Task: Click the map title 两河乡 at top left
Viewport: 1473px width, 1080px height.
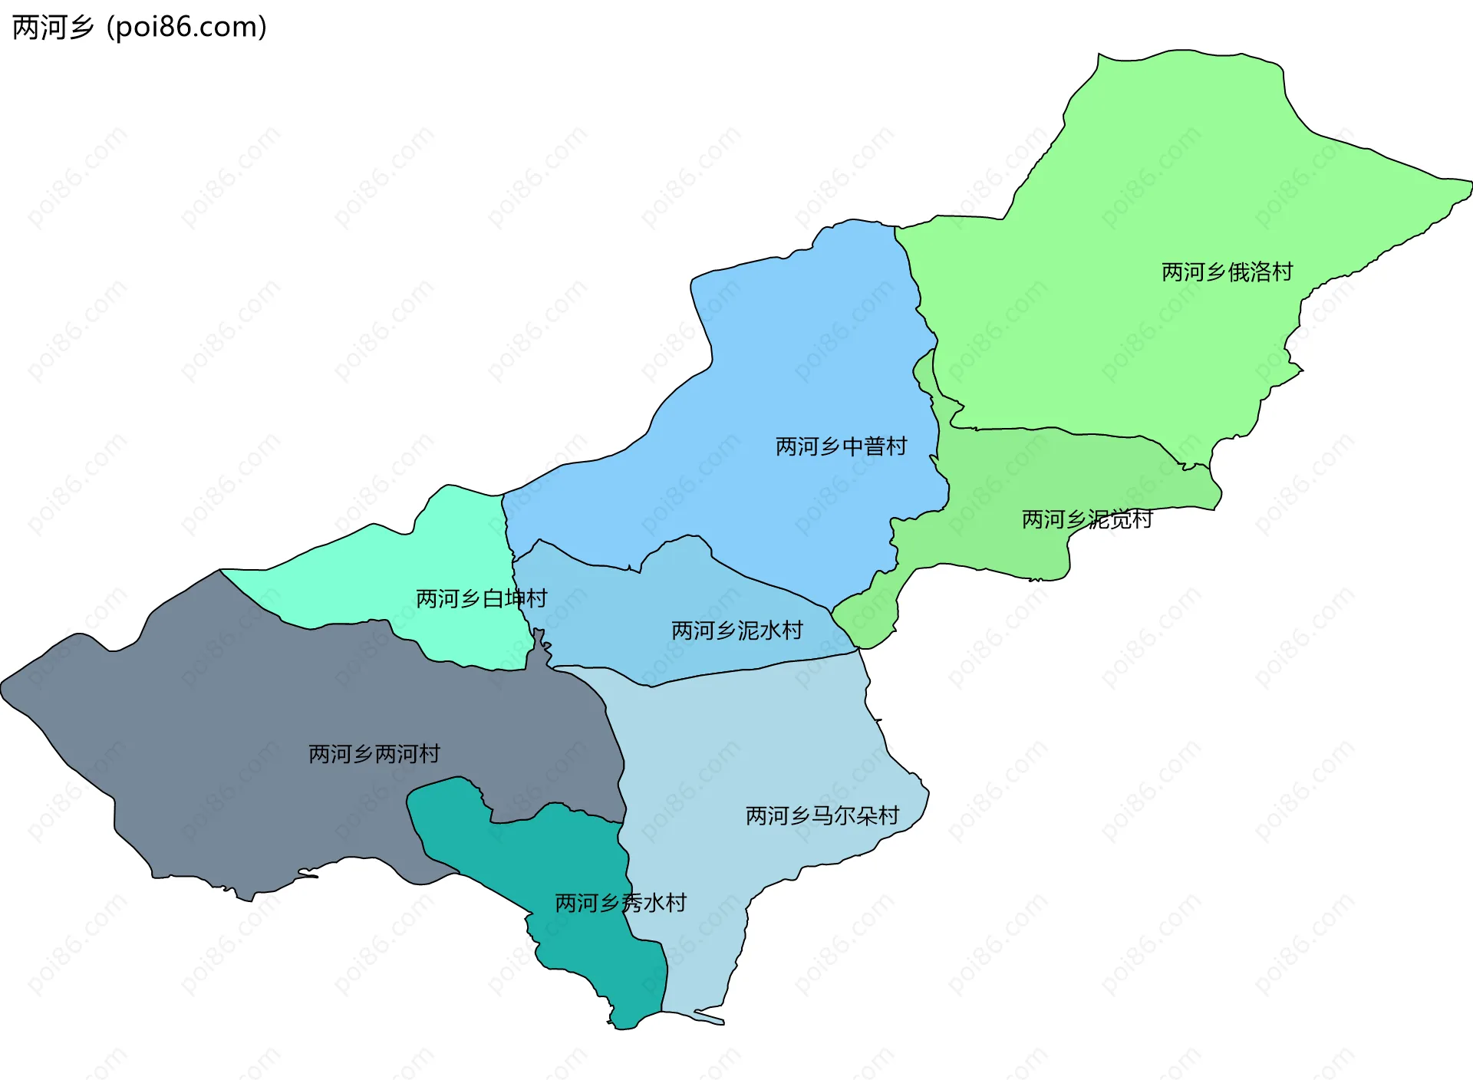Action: click(x=52, y=28)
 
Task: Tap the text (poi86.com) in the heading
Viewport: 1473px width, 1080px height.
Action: click(x=186, y=28)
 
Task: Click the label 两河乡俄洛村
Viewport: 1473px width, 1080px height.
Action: click(x=1227, y=272)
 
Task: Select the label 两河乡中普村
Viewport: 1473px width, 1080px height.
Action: click(x=841, y=446)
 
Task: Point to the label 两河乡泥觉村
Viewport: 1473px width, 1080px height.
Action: click(x=1086, y=520)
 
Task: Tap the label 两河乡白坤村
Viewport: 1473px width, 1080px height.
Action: click(x=481, y=599)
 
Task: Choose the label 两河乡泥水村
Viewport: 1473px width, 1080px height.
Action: click(x=736, y=631)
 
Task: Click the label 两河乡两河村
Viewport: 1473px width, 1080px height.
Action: click(x=374, y=754)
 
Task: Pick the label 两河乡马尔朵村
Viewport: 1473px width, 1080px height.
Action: click(x=822, y=815)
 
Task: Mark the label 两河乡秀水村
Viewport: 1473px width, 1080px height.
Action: click(x=620, y=903)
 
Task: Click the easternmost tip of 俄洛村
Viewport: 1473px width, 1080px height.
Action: click(x=1470, y=184)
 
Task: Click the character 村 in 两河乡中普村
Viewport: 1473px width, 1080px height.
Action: click(x=897, y=446)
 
